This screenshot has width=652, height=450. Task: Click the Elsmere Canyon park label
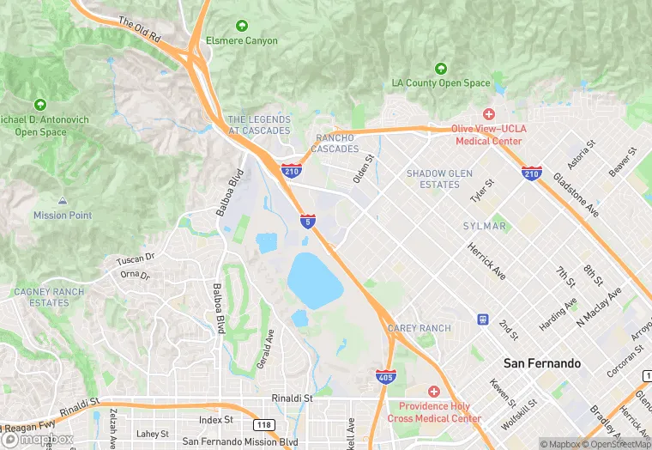pyautogui.click(x=241, y=40)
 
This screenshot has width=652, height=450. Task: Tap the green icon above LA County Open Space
pyautogui.click(x=441, y=68)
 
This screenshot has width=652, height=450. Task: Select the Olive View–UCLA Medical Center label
pyautogui.click(x=487, y=135)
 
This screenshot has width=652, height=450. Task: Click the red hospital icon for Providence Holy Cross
pyautogui.click(x=433, y=392)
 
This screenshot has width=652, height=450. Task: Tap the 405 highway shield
pyautogui.click(x=385, y=375)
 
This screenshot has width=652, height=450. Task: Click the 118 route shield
pyautogui.click(x=263, y=424)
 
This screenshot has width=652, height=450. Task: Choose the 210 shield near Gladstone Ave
pyautogui.click(x=531, y=174)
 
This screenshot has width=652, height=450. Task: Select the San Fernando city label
pyautogui.click(x=541, y=363)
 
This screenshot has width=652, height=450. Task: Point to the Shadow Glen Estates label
pyautogui.click(x=439, y=179)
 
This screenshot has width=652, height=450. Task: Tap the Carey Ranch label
pyautogui.click(x=419, y=328)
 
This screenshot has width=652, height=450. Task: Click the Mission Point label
pyautogui.click(x=63, y=215)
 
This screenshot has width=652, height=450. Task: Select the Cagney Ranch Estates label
pyautogui.click(x=49, y=297)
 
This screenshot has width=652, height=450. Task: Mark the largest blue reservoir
pyautogui.click(x=315, y=280)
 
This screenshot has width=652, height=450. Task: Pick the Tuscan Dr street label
pyautogui.click(x=136, y=257)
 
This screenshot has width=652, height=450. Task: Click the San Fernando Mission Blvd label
pyautogui.click(x=240, y=441)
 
